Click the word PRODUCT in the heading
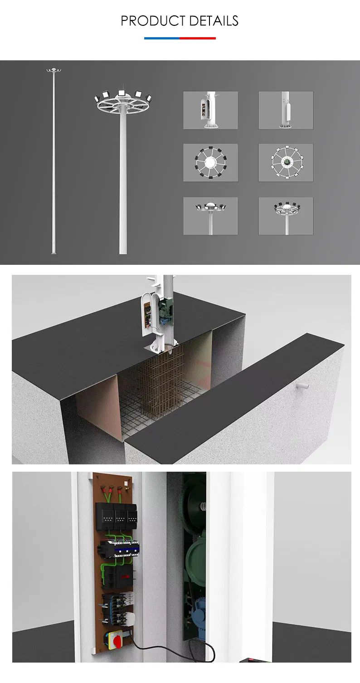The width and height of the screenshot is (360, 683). (153, 21)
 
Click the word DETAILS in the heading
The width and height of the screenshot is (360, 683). (214, 21)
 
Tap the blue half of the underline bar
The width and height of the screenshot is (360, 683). (162, 39)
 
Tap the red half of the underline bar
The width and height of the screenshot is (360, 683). (198, 39)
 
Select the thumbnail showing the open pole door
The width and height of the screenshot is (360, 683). (211, 110)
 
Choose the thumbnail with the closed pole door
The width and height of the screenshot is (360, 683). (286, 110)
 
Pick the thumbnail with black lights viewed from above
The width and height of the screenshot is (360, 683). (211, 163)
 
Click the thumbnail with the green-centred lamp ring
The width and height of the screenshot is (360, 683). (286, 163)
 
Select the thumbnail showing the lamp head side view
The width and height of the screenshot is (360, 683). (211, 216)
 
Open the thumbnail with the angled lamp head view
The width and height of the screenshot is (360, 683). (286, 216)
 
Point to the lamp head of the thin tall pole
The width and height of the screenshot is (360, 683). (54, 70)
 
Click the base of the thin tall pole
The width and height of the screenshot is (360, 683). (54, 252)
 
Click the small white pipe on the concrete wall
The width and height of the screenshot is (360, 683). (302, 386)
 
